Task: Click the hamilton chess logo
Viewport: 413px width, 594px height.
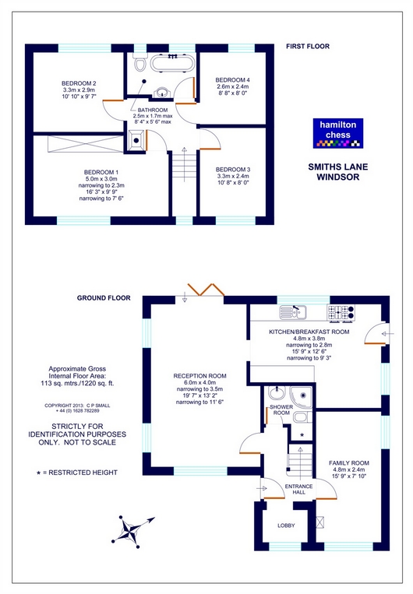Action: coord(338,133)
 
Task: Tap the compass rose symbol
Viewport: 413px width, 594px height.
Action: coord(131,531)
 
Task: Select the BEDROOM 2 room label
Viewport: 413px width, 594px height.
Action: coord(79,83)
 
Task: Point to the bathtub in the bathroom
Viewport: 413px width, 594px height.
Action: coord(172,63)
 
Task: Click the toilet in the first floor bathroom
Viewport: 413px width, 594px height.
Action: coord(140,63)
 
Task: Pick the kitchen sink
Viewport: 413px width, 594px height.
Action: coord(293,311)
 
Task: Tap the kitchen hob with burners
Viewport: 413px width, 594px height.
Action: coord(341,312)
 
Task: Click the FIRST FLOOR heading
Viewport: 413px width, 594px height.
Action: coord(308,46)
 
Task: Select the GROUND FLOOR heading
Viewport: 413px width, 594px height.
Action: coord(104,297)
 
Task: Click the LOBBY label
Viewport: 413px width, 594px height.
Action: coord(286,525)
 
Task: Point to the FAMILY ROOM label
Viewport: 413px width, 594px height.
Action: coord(349,463)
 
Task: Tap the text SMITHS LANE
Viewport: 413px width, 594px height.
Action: coord(338,167)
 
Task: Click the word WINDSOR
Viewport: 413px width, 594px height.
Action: coord(338,177)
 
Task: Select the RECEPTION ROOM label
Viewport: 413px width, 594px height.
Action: coord(199,376)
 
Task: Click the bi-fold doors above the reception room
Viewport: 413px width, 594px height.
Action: coord(206,289)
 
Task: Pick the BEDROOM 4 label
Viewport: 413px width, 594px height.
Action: coord(232,80)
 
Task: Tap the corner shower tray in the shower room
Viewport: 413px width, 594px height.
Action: coord(301,396)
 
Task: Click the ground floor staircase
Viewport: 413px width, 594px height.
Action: coord(300,460)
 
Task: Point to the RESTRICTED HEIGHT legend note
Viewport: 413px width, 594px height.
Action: coord(77,473)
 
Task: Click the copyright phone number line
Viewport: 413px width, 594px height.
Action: coord(77,410)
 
